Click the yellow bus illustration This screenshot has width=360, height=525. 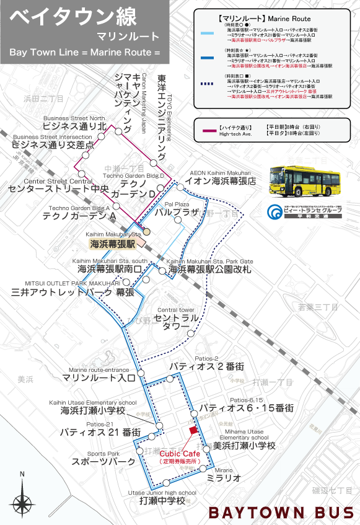[x=305, y=183]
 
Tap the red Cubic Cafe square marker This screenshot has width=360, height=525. [x=193, y=430]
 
